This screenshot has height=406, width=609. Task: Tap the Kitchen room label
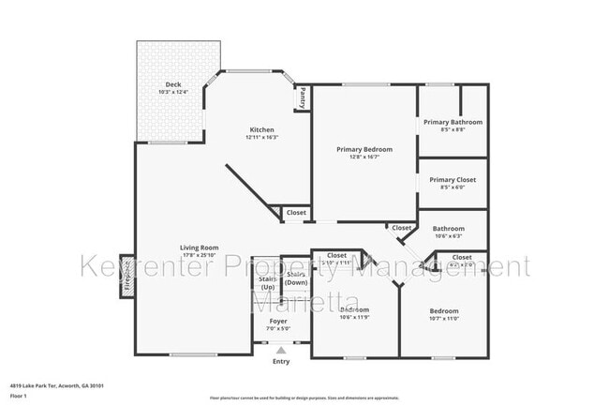coord(261,129)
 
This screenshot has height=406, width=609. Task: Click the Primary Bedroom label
coord(364,149)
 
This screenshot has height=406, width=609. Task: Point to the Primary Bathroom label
coord(453,122)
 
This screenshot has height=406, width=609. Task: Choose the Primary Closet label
coord(453,179)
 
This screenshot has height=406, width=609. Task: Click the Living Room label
coord(199,248)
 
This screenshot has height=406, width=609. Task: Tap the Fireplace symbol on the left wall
coord(125,282)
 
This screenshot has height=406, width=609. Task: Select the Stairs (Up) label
coord(266,281)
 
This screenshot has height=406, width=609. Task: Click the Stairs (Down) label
coord(296,278)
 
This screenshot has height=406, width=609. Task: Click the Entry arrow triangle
coord(280,350)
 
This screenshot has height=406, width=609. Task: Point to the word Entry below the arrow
coord(280,361)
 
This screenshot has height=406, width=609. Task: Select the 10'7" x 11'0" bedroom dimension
coord(443,319)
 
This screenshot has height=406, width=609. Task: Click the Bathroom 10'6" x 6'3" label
coord(448,228)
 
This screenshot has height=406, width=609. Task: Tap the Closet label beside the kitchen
coord(296,213)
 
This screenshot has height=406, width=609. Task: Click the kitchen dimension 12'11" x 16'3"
coord(261,137)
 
